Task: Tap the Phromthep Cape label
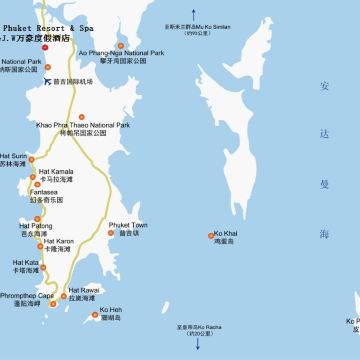(24, 296)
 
